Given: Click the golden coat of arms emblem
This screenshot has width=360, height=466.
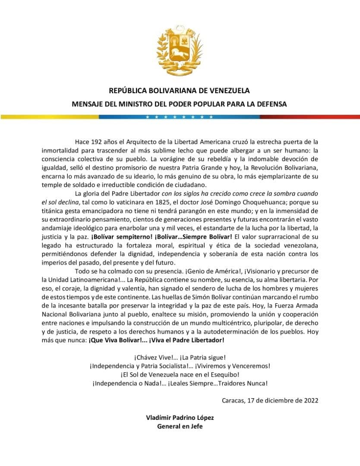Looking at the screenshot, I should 179,50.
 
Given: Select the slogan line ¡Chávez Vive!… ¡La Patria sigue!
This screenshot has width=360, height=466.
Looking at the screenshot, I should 180,358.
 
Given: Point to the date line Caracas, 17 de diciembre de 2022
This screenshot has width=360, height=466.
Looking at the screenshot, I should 270,400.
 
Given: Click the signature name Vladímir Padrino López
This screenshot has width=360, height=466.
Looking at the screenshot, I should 180,418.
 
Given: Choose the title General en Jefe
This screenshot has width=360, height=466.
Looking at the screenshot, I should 180,427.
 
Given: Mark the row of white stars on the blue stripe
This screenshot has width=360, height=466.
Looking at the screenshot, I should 180,117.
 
